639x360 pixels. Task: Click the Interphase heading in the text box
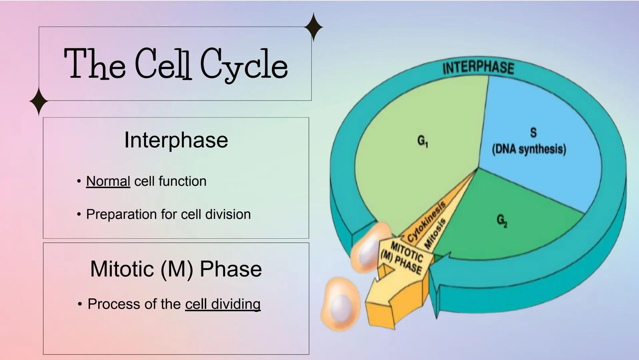(176, 140)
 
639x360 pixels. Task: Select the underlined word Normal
(108, 181)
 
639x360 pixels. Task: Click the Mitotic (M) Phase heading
(176, 269)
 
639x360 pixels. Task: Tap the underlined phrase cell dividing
(223, 304)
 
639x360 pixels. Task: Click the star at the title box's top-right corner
(313, 27)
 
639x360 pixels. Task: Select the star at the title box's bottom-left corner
(39, 101)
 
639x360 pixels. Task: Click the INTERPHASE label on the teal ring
(478, 68)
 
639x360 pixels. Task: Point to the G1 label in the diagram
(422, 141)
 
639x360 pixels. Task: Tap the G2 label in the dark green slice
(502, 220)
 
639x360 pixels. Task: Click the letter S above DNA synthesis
(533, 133)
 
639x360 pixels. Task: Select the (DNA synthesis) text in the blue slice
(529, 149)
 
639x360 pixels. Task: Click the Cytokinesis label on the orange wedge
(427, 221)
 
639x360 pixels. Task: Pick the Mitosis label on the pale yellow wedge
(435, 233)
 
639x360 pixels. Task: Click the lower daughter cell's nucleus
(341, 306)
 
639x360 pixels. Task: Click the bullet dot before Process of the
(79, 304)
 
